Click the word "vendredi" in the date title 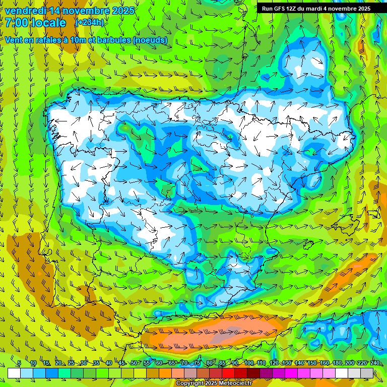coord(25,11)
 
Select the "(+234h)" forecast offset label coord(89,23)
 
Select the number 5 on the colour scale coord(19,363)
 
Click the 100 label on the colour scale coord(249,363)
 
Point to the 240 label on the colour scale coord(375,363)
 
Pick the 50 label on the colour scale coord(134,363)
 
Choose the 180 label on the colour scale coord(337,363)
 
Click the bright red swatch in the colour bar coord(228,373)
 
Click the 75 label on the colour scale coord(197,363)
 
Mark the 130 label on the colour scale coord(287,363)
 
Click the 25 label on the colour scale coord(71,363)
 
